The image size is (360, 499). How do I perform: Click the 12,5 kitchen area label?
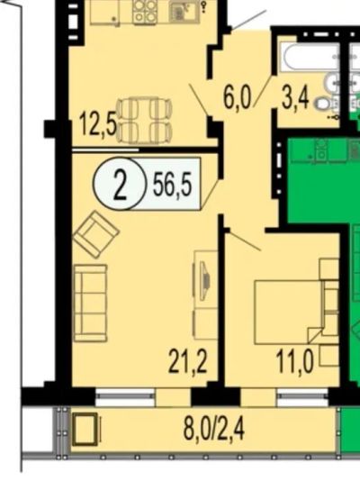[x=97, y=124]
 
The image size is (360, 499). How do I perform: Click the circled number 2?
[x=120, y=184]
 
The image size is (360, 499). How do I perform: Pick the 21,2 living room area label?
[x=187, y=360]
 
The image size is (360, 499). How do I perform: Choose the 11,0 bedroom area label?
[x=295, y=360]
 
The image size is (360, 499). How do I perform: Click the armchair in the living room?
[x=96, y=234]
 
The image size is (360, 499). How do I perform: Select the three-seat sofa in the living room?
[x=90, y=303]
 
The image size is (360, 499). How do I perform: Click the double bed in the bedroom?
[x=292, y=312]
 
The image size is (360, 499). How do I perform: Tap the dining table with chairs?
[x=145, y=121]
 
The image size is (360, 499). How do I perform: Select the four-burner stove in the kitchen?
[x=144, y=12]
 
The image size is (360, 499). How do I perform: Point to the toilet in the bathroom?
[x=323, y=104]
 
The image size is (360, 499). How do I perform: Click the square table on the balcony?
[x=85, y=429]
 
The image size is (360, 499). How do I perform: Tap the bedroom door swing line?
[x=244, y=240]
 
